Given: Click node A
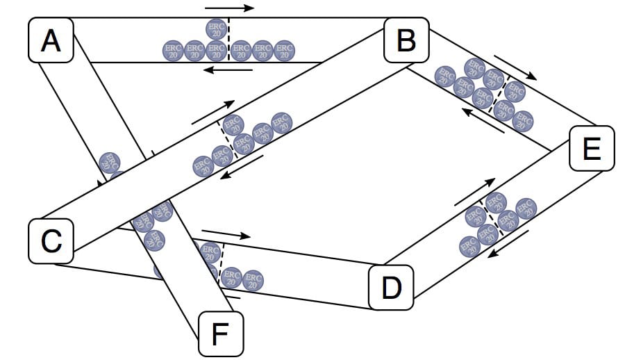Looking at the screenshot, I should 50,41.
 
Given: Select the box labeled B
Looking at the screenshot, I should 406,41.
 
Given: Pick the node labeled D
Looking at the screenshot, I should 392,286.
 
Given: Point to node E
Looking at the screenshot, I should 591,149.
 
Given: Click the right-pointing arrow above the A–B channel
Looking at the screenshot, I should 230,8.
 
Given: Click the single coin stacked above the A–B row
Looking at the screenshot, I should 217,28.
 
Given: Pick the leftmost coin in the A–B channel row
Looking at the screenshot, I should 173,50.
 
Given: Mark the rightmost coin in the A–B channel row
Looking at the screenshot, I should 284,50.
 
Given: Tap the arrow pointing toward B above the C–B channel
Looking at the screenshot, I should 215,112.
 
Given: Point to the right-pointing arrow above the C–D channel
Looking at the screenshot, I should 226,234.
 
